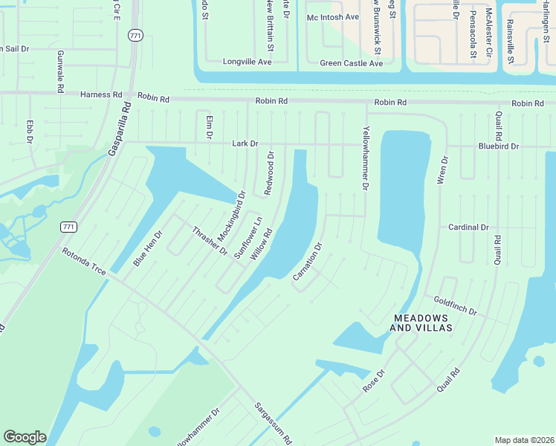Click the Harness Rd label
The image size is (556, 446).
click(x=101, y=95)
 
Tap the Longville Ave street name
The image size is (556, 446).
click(x=248, y=62)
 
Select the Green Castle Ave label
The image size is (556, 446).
click(x=352, y=63)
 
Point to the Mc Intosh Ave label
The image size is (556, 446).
click(x=333, y=16)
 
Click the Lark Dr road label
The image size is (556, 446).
click(x=245, y=143)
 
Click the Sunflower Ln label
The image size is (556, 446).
click(x=248, y=237)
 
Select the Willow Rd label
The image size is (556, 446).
click(x=262, y=244)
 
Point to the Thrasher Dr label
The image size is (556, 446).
click(x=210, y=240)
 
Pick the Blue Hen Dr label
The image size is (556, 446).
click(x=147, y=249)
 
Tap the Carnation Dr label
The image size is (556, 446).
click(x=308, y=262)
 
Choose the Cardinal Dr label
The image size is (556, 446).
click(x=468, y=227)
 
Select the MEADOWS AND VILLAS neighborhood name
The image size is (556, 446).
click(x=423, y=322)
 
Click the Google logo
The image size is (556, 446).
click(x=25, y=437)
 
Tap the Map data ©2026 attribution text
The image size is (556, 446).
click(x=524, y=440)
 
